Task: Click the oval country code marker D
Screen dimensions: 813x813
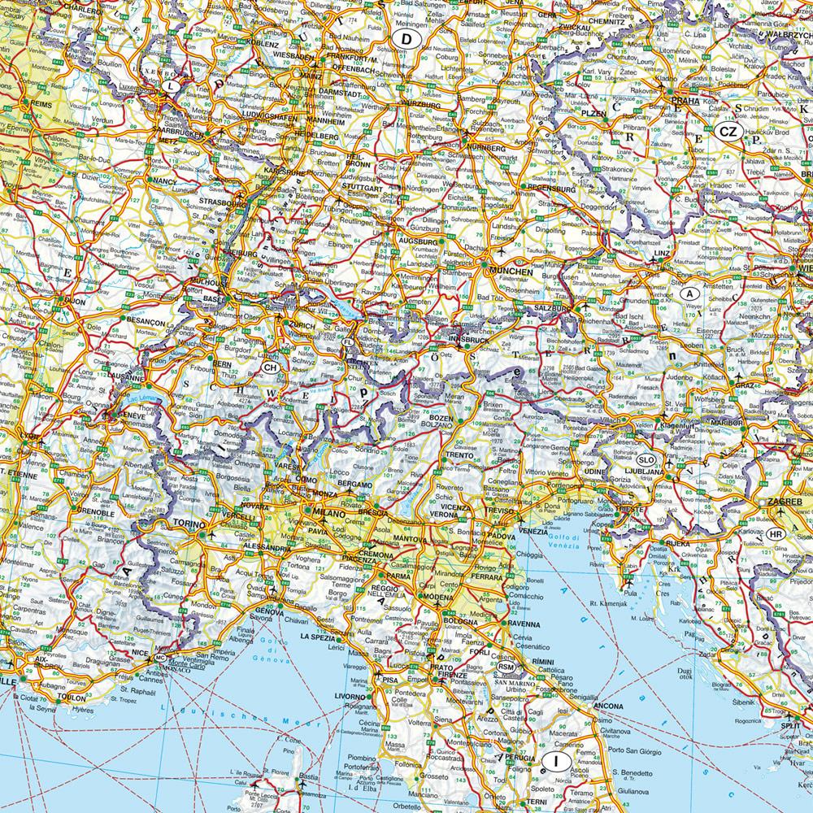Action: pyautogui.click(x=404, y=38)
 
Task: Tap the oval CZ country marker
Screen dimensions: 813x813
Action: pyautogui.click(x=728, y=132)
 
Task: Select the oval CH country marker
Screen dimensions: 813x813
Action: pyautogui.click(x=271, y=367)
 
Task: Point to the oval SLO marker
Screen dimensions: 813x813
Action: pyautogui.click(x=645, y=459)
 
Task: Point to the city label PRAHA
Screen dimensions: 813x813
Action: pyautogui.click(x=685, y=101)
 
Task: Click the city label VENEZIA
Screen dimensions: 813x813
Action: pyautogui.click(x=533, y=531)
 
